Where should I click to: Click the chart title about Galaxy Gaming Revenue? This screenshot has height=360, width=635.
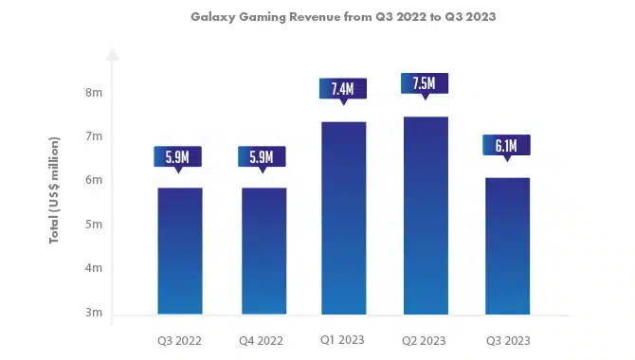(343, 17)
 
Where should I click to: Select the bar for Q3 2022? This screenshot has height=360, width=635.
(180, 251)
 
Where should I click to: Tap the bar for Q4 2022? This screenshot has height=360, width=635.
(264, 251)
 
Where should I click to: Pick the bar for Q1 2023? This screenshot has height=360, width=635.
(344, 218)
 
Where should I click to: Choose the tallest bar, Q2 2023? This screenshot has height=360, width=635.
(426, 215)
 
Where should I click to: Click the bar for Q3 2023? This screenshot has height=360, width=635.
(507, 246)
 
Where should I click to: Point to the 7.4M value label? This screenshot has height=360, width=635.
(343, 89)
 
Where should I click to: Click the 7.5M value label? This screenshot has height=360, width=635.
(425, 83)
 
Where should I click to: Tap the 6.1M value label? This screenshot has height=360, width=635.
(507, 145)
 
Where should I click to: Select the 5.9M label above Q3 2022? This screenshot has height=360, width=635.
(178, 156)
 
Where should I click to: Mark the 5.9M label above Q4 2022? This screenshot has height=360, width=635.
(262, 156)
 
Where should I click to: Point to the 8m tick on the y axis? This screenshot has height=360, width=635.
(94, 93)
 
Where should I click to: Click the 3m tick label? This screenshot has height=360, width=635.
(94, 313)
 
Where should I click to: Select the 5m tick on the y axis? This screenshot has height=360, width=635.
(94, 225)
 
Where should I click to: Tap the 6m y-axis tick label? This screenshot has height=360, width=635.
(94, 180)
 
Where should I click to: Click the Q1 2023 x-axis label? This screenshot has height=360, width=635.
(342, 340)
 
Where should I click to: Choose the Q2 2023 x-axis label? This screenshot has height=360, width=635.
(424, 340)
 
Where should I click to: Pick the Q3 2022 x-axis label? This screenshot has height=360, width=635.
(179, 340)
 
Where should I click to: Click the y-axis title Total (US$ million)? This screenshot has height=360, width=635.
(54, 190)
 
